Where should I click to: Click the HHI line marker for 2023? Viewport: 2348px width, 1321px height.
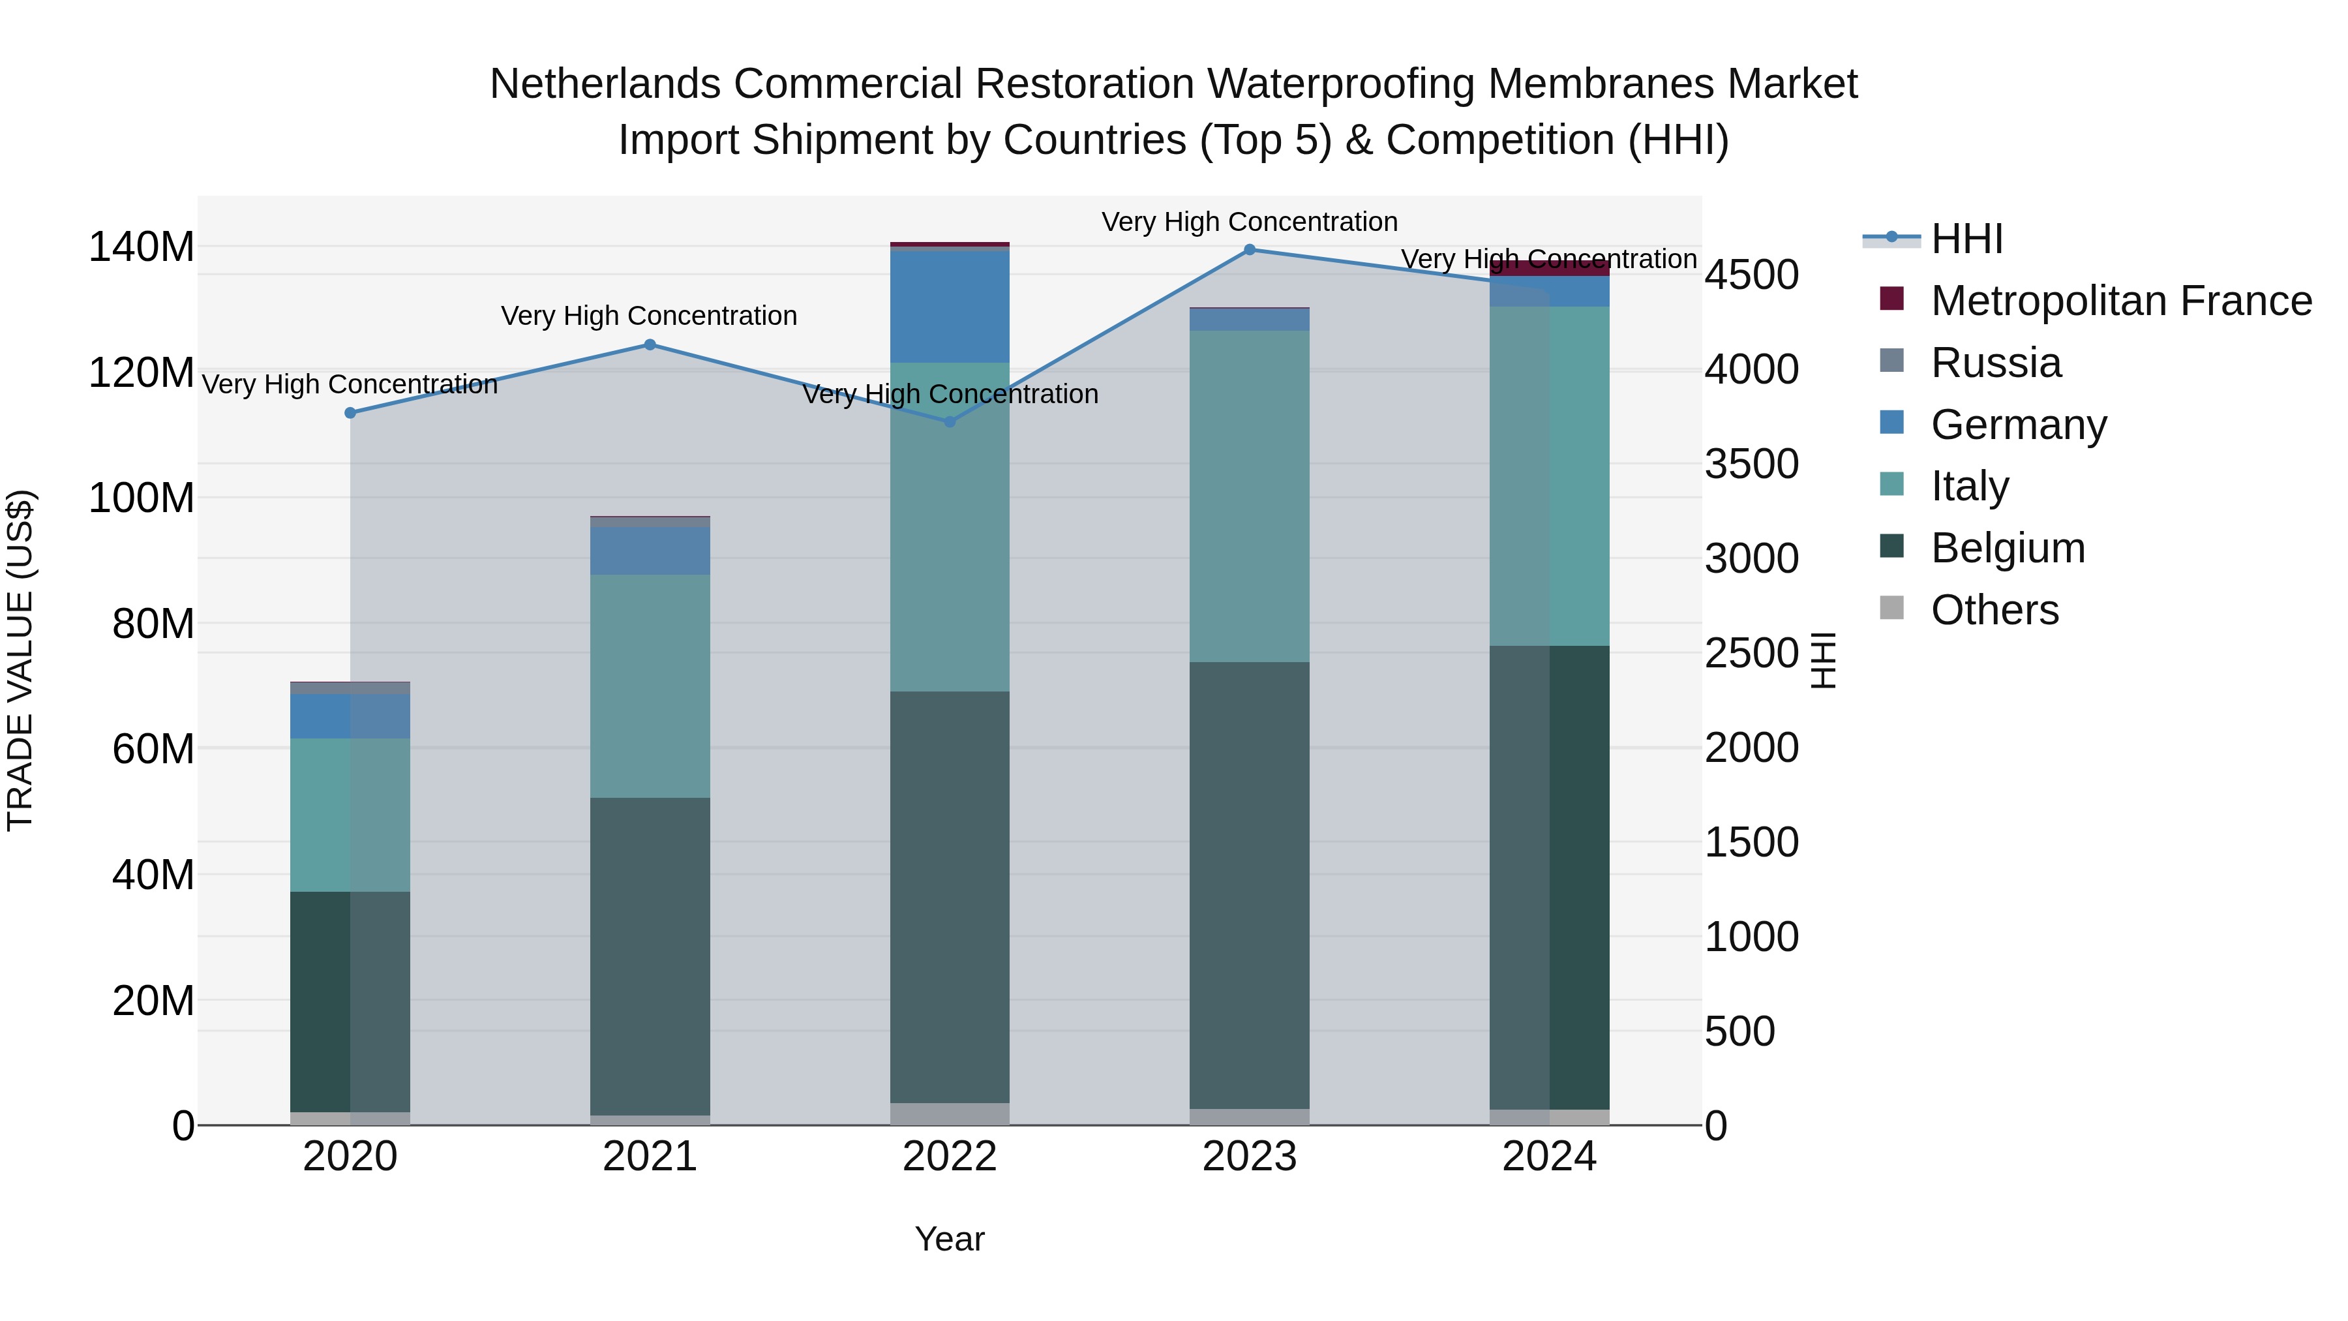point(1250,250)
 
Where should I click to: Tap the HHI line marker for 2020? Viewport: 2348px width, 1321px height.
point(350,413)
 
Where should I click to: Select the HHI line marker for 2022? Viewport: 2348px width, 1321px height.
point(950,422)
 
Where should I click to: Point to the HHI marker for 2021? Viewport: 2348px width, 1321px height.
point(650,344)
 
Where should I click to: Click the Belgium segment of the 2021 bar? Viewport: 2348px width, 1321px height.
point(650,957)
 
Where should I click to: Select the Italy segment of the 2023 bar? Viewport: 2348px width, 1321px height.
point(1250,497)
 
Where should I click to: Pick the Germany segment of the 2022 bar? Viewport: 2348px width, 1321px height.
point(950,305)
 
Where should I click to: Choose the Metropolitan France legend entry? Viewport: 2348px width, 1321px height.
point(2120,301)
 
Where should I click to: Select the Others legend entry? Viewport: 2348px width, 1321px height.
point(1994,610)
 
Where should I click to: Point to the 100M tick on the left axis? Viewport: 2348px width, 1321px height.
point(142,498)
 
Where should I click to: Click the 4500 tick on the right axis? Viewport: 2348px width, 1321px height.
point(1752,275)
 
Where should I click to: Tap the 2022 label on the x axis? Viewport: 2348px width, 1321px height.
point(950,1157)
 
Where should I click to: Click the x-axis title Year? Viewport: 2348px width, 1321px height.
point(950,1239)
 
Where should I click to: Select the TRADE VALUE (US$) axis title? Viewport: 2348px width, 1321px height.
point(20,660)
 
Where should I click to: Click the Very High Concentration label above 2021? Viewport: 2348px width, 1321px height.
point(649,316)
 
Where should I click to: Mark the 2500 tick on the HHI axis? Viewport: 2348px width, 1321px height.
point(1752,653)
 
